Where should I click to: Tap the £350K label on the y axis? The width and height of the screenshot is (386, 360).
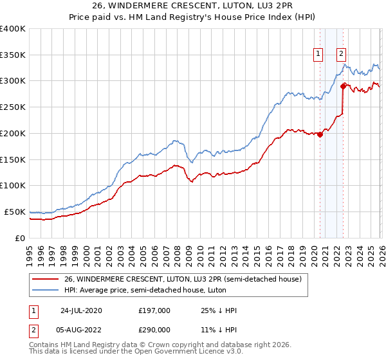click(x=13, y=55)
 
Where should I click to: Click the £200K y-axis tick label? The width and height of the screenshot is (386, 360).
click(x=13, y=134)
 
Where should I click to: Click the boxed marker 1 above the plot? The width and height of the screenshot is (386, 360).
click(x=318, y=55)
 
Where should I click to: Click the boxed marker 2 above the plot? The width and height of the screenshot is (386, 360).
click(x=341, y=55)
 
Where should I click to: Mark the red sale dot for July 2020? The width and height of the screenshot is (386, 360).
click(x=320, y=134)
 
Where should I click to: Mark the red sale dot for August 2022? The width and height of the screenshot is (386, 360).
click(x=343, y=85)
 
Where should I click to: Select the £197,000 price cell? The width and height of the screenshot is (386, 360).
click(x=154, y=310)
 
